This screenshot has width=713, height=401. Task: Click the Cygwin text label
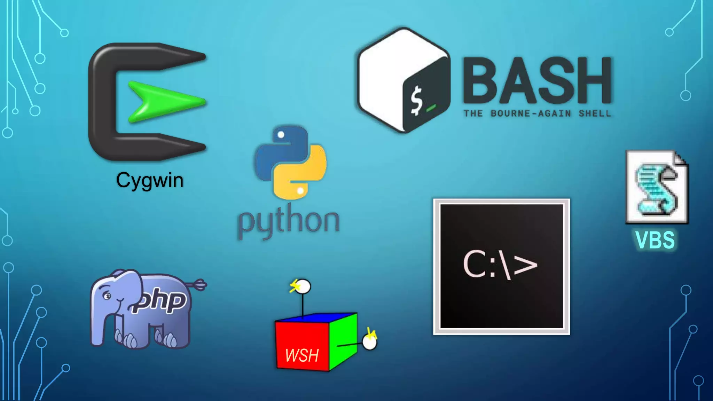click(x=150, y=181)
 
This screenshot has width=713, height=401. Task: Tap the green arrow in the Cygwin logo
click(x=164, y=102)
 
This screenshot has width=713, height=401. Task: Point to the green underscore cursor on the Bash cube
click(x=431, y=108)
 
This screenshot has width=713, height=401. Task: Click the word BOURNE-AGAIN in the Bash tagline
click(x=531, y=113)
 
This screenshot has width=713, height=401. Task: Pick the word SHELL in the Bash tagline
click(x=595, y=113)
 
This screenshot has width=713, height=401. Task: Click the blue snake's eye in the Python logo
click(x=281, y=135)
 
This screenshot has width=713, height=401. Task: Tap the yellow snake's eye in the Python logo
click(x=300, y=191)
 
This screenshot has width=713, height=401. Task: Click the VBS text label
click(x=655, y=240)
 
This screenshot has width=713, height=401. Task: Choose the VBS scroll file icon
click(x=657, y=187)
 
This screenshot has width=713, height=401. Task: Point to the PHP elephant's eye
click(x=107, y=296)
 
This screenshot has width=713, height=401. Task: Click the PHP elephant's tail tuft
click(x=200, y=284)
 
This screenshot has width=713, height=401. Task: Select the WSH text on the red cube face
click(x=301, y=355)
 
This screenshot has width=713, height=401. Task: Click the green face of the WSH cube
click(x=343, y=341)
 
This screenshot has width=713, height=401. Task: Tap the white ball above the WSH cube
click(x=303, y=287)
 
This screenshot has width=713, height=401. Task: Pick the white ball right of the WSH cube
click(x=369, y=342)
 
